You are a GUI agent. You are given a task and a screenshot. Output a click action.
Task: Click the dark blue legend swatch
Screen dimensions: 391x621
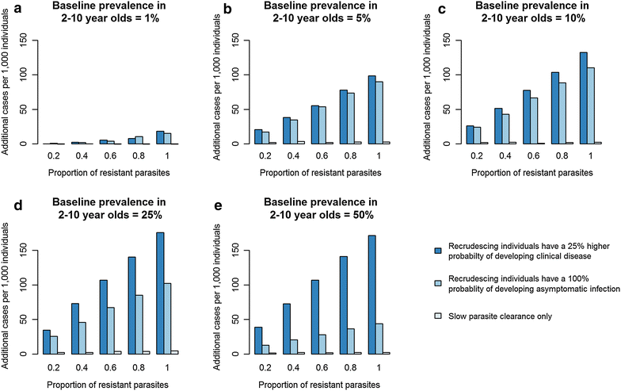click(x=438, y=251)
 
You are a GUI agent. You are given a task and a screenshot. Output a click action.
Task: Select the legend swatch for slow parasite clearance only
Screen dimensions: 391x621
click(x=438, y=316)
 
